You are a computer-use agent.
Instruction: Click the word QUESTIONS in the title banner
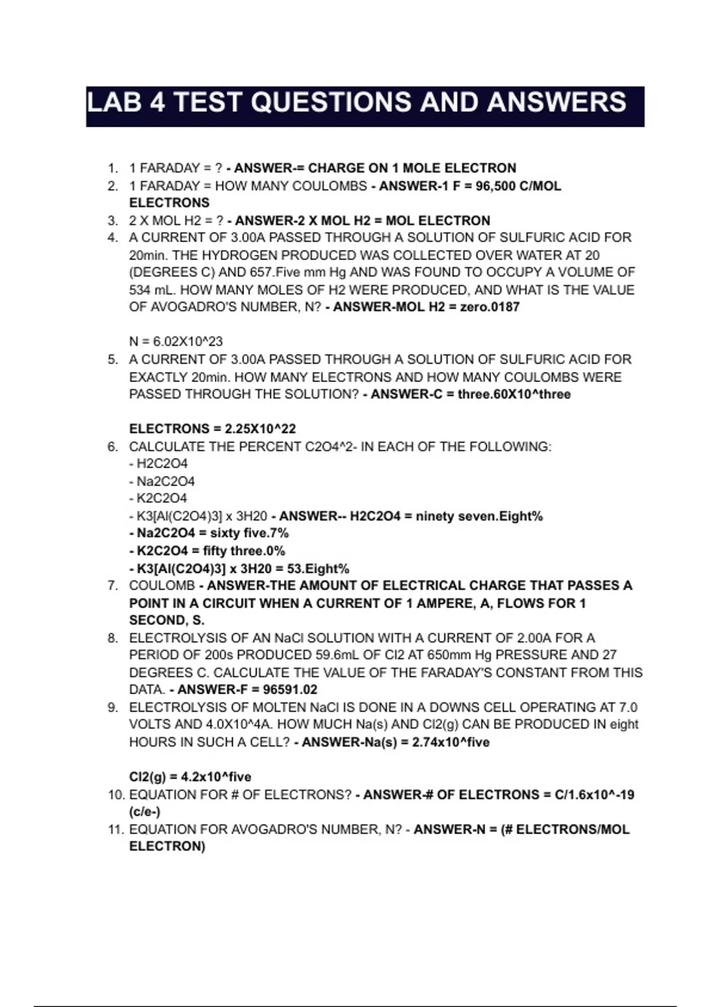click(x=331, y=102)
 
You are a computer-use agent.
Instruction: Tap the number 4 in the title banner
click(x=157, y=102)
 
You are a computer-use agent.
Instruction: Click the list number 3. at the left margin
click(x=113, y=221)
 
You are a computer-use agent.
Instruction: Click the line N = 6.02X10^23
click(x=176, y=342)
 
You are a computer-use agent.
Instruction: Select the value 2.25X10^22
click(x=260, y=429)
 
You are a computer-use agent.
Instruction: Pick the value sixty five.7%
click(x=249, y=533)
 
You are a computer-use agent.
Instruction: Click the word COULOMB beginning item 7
click(x=162, y=586)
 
